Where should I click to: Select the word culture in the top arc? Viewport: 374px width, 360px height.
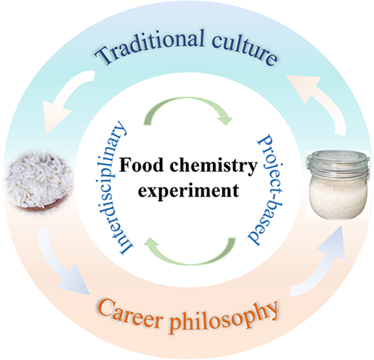[x=244, y=49]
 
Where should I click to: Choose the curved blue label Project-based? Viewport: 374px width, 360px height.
[x=266, y=189]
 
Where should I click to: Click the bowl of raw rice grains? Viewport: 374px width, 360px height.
[x=38, y=181]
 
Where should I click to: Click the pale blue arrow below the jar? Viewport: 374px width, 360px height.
[x=322, y=264]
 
